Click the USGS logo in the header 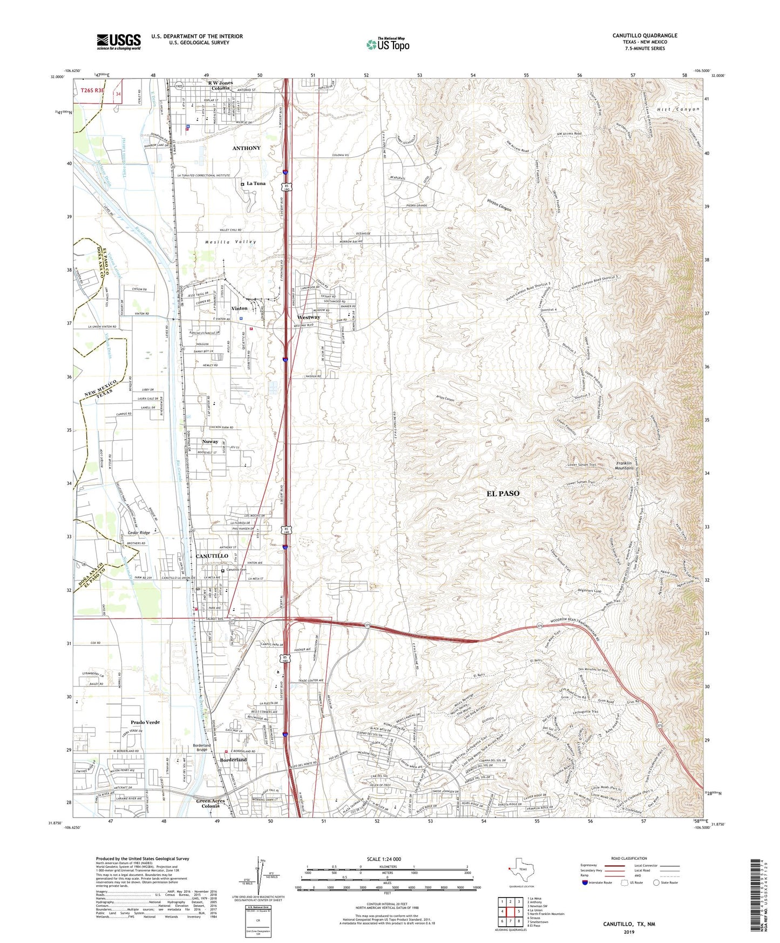coord(118,42)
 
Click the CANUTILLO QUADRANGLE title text coord(645,36)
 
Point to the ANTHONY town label coord(246,148)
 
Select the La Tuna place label coord(256,184)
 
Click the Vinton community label coord(239,308)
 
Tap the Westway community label coord(308,317)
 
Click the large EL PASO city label coord(503,493)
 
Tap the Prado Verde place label coord(145,722)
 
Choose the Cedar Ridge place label coord(138,533)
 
